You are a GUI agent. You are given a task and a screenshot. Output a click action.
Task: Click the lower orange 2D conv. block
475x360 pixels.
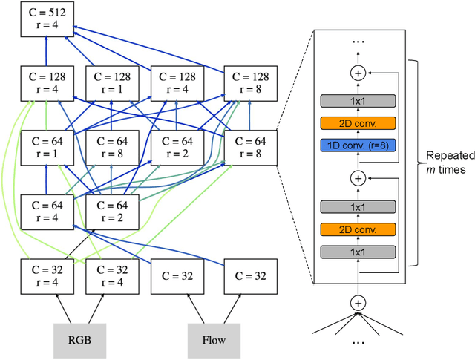(358, 230)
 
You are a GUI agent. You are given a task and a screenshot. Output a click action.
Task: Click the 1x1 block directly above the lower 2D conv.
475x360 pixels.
(358, 207)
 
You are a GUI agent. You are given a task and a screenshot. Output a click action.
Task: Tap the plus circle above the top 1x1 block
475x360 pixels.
(358, 73)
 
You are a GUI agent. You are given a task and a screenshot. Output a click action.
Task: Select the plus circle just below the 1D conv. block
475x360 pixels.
(358, 178)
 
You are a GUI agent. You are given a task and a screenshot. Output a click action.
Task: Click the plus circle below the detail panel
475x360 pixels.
(358, 303)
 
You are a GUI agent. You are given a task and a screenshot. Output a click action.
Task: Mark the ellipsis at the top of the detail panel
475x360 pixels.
(358, 43)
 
